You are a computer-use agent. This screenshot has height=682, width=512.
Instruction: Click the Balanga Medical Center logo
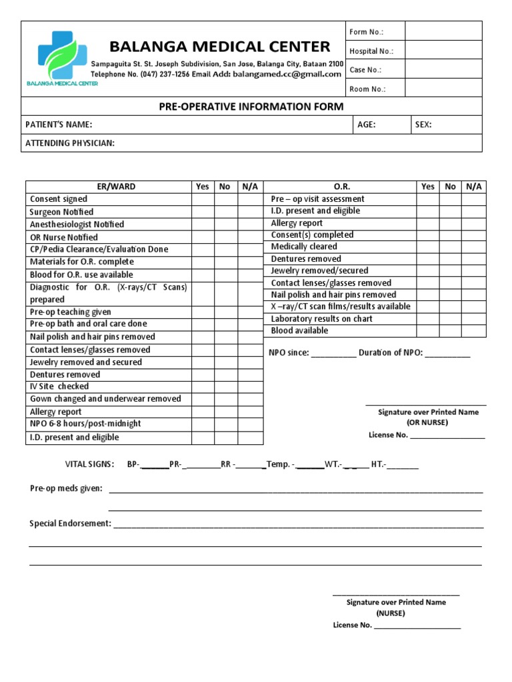[x=62, y=57]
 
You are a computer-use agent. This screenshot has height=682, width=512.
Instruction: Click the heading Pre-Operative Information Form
[x=251, y=107]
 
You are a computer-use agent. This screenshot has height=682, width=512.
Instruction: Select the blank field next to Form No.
[x=443, y=31]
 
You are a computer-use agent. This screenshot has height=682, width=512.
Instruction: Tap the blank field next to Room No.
[x=443, y=89]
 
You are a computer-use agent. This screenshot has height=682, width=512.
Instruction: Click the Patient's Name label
[x=59, y=125]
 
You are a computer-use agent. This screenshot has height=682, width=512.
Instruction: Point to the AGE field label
[x=367, y=125]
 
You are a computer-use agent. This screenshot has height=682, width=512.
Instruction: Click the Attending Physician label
[x=70, y=143]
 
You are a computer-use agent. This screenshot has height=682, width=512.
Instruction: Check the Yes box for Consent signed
[x=202, y=199]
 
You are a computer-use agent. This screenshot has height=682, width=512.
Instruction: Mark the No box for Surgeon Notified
[x=225, y=212]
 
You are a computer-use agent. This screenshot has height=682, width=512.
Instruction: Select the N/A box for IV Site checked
[x=250, y=386]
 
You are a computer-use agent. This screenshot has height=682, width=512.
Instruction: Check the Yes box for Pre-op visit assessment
[x=428, y=199]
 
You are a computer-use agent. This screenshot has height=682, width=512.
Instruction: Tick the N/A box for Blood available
[x=473, y=331]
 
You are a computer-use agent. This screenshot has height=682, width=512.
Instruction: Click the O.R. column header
[x=341, y=186]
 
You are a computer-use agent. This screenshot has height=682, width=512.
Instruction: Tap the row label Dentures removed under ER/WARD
[x=65, y=374]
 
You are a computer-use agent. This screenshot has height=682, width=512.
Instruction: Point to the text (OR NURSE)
[x=427, y=422]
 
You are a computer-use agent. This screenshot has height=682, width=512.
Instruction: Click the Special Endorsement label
[x=70, y=523]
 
